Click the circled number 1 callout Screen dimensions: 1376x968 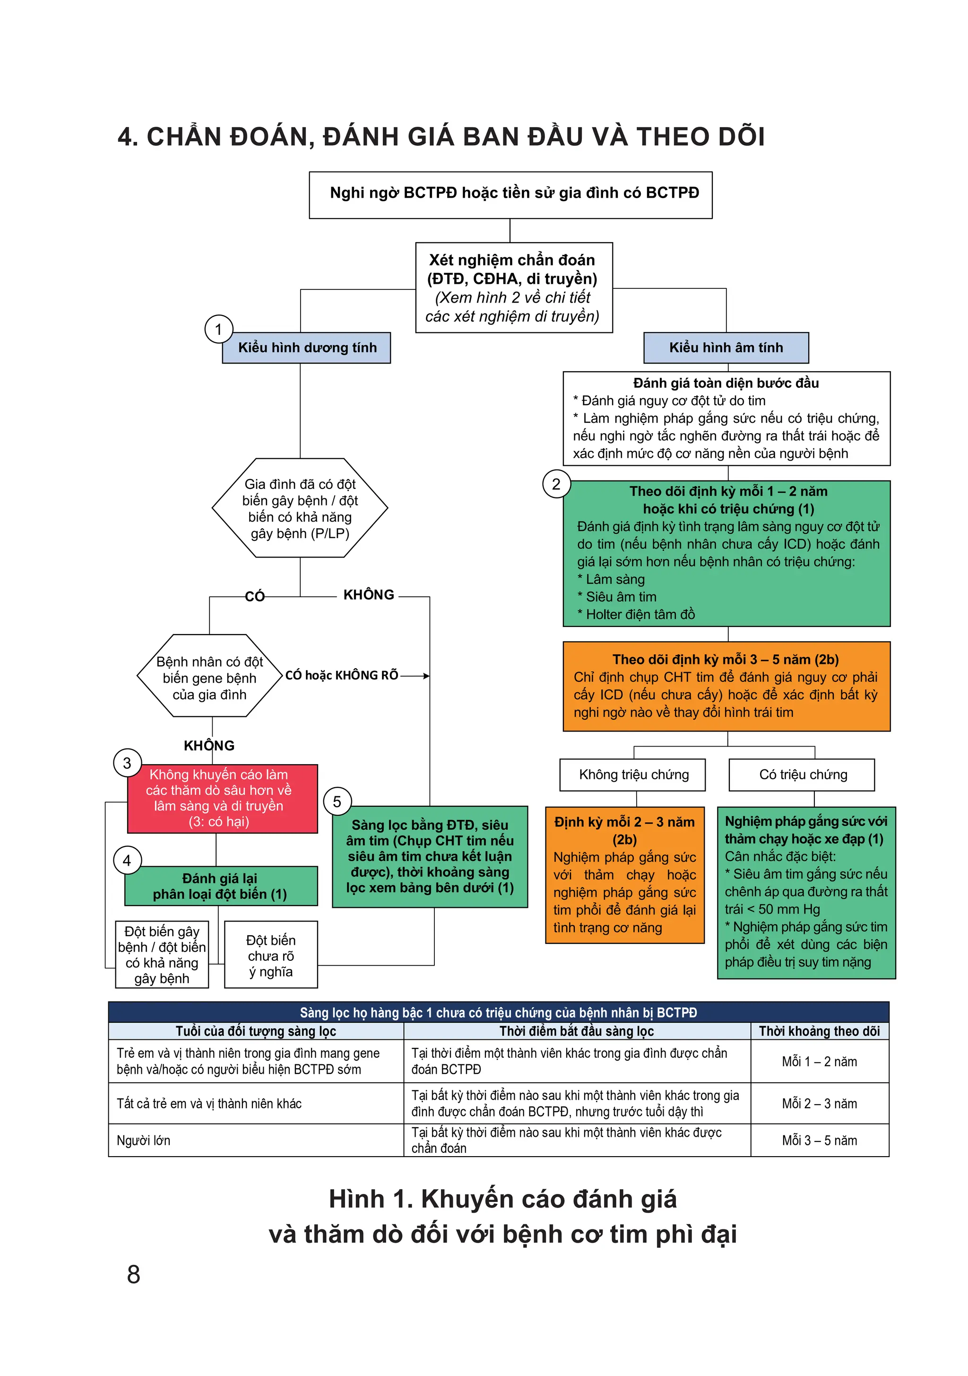[x=219, y=329]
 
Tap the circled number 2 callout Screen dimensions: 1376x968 [x=556, y=484]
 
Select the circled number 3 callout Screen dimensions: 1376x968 [x=127, y=763]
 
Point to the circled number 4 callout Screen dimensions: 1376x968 [x=127, y=861]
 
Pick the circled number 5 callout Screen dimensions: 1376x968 [x=337, y=802]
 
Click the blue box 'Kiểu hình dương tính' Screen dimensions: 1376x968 [x=306, y=348]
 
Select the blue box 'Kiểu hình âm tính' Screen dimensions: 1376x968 [x=726, y=348]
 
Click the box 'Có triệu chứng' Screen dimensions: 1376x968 [x=802, y=775]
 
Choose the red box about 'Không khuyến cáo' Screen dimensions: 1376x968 [x=222, y=798]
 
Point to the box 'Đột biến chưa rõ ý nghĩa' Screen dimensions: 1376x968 [x=271, y=955]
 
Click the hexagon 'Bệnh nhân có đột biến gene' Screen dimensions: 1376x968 [x=210, y=676]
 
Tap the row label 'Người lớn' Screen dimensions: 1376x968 [x=144, y=1141]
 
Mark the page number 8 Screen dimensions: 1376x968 [x=134, y=1274]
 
